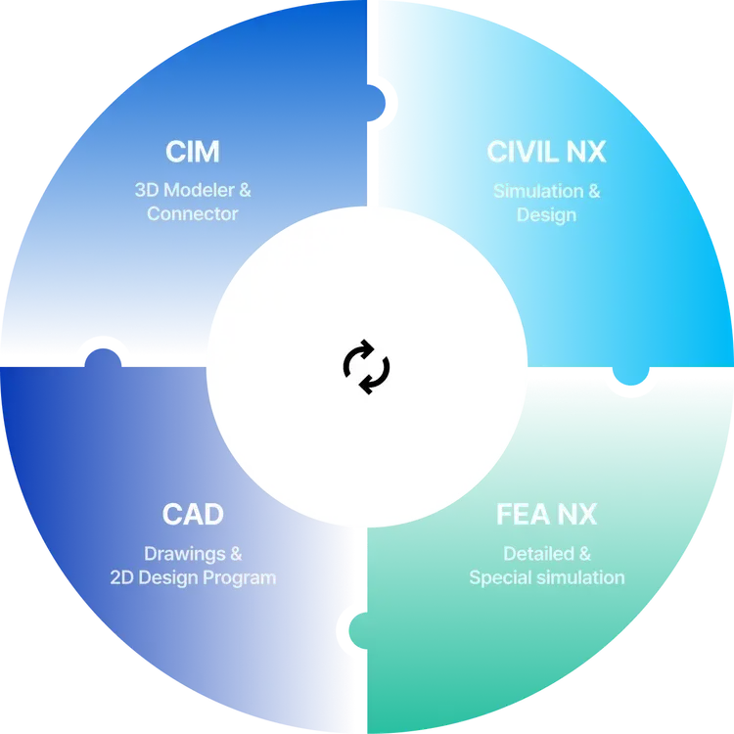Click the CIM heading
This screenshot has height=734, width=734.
click(192, 152)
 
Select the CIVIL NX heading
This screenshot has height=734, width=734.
click(546, 152)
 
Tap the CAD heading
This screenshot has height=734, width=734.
click(193, 514)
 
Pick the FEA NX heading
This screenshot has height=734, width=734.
click(546, 514)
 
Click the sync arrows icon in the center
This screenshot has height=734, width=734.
click(366, 367)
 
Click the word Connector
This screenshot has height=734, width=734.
click(192, 213)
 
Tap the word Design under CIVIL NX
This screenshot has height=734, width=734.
click(546, 213)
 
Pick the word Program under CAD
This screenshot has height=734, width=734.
click(240, 577)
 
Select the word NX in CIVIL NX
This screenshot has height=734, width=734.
click(587, 152)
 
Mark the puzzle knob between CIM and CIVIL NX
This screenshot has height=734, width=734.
click(383, 99)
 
